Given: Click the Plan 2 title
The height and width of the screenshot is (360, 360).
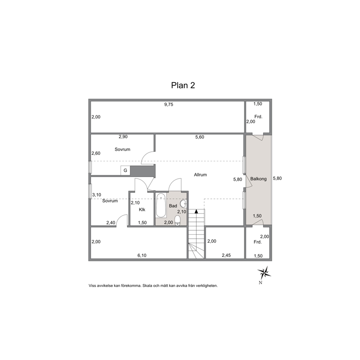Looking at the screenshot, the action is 183,85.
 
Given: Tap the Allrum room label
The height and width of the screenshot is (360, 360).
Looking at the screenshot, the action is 200,175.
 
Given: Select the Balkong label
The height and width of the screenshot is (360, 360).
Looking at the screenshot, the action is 258,179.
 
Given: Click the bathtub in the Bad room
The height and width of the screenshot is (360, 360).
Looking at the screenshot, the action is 161,205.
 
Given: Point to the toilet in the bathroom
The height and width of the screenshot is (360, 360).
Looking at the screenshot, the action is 177,220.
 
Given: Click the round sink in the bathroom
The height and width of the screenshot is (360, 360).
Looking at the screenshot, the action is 183,203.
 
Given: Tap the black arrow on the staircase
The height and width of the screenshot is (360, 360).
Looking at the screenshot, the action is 196,212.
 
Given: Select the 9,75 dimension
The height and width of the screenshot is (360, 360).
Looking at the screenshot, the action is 168,105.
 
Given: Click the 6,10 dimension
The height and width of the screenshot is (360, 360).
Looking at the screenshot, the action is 142,255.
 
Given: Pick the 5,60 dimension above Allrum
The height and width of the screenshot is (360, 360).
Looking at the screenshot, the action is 200,137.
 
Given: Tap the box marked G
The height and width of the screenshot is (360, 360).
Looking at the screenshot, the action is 125,171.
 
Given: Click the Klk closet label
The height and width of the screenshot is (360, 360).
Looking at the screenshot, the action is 142,210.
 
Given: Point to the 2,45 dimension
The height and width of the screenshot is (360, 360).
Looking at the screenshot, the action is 226,255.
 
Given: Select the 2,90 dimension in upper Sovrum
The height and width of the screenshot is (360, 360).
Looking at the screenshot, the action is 123,137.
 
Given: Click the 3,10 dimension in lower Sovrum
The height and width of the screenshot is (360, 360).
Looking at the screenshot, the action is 97,195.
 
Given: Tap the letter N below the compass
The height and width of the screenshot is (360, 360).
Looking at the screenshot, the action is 260,283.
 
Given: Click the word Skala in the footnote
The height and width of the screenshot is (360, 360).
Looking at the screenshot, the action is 148,286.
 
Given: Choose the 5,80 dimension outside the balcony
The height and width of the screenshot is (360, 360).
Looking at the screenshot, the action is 277,179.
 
